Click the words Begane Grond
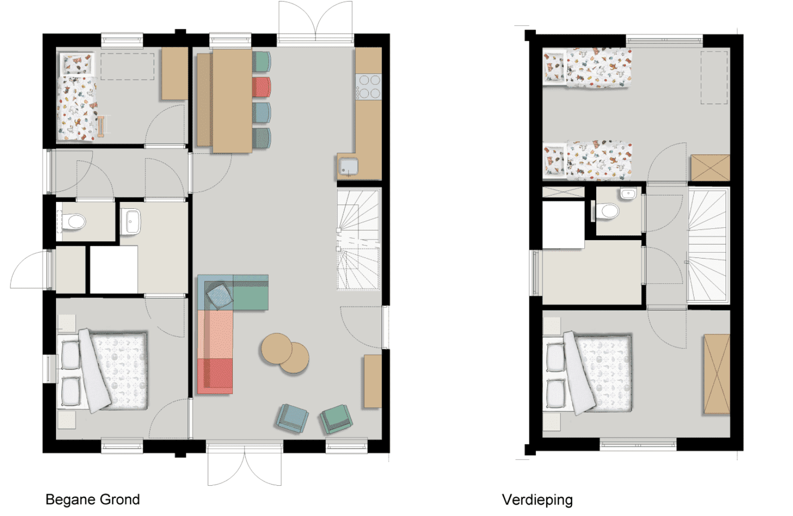(x=93, y=499)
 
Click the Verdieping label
(x=537, y=500)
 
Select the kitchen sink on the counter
(x=348, y=166)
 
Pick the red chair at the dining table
(x=262, y=87)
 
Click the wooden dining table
(x=232, y=101)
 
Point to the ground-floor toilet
(x=74, y=221)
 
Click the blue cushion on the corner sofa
(x=219, y=295)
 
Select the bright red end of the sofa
(x=215, y=376)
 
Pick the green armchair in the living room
(x=336, y=418)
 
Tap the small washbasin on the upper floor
(x=628, y=193)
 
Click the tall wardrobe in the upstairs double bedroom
(x=716, y=375)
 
